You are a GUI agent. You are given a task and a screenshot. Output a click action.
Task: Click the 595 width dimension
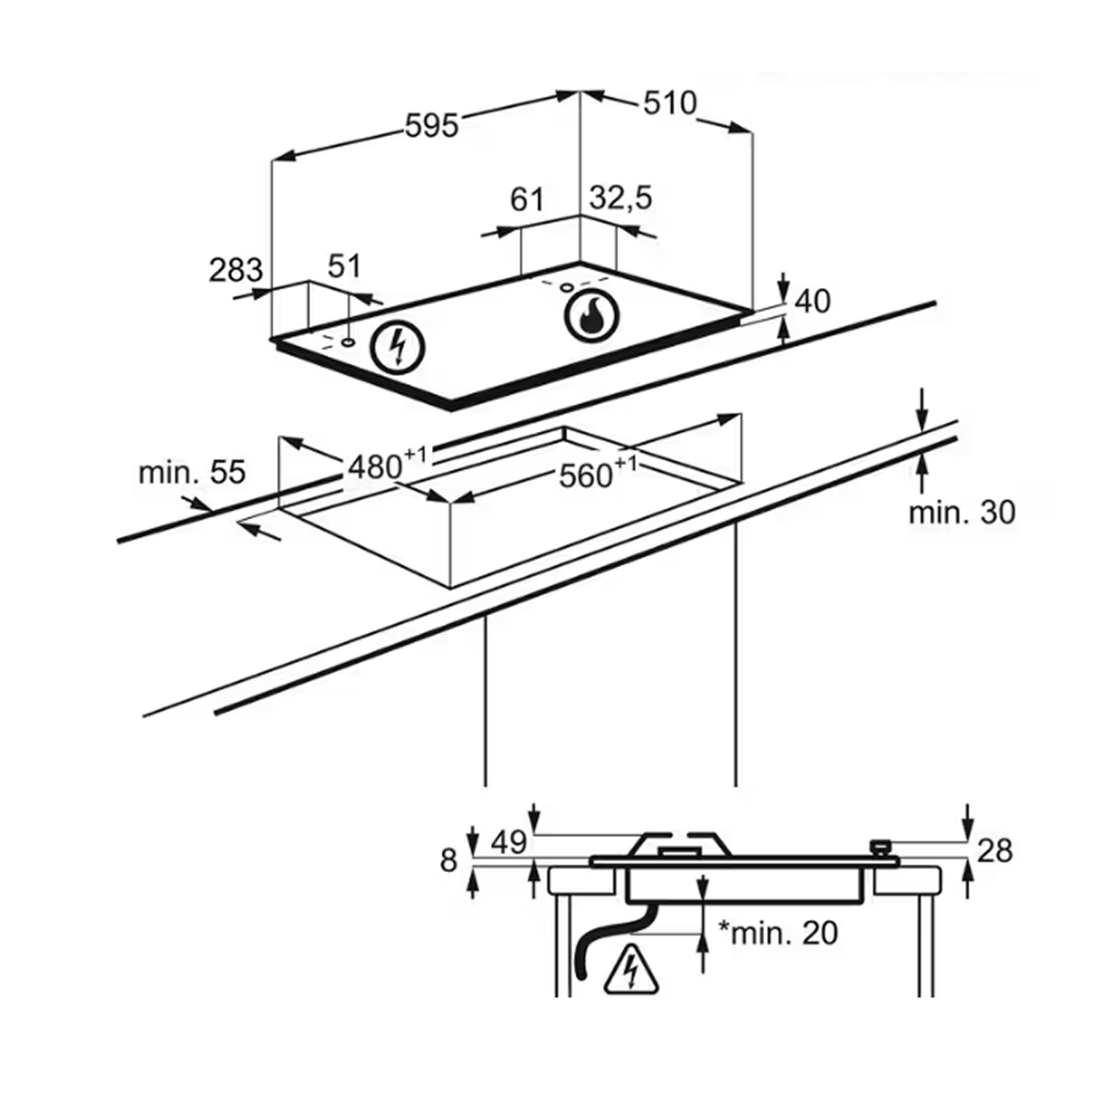click(x=431, y=126)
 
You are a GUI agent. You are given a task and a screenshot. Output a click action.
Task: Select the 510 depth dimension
click(x=670, y=103)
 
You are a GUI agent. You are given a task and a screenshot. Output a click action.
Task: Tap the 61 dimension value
click(x=527, y=200)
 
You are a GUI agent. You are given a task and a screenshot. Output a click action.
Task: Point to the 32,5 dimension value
click(x=621, y=199)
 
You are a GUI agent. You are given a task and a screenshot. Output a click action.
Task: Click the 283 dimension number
click(x=235, y=271)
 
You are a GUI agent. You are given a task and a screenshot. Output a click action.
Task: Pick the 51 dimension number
click(x=344, y=267)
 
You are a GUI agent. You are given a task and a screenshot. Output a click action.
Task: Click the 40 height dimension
click(x=812, y=302)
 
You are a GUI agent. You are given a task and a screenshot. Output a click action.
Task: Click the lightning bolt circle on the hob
click(x=398, y=347)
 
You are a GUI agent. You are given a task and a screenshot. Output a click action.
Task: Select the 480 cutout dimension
click(x=386, y=466)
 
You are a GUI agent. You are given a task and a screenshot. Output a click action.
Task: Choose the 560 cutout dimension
click(x=598, y=474)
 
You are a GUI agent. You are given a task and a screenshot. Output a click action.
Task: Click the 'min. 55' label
click(x=192, y=472)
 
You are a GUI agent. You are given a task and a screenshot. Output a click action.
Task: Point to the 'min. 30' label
click(x=962, y=513)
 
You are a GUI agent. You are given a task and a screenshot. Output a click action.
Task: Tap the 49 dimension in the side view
click(x=508, y=843)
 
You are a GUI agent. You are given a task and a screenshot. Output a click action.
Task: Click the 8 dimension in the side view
click(x=448, y=861)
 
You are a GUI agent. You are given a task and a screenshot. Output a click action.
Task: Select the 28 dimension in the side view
click(x=995, y=850)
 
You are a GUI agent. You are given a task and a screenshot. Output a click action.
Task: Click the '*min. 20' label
click(x=778, y=933)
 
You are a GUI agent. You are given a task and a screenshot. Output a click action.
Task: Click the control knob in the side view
click(x=880, y=848)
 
